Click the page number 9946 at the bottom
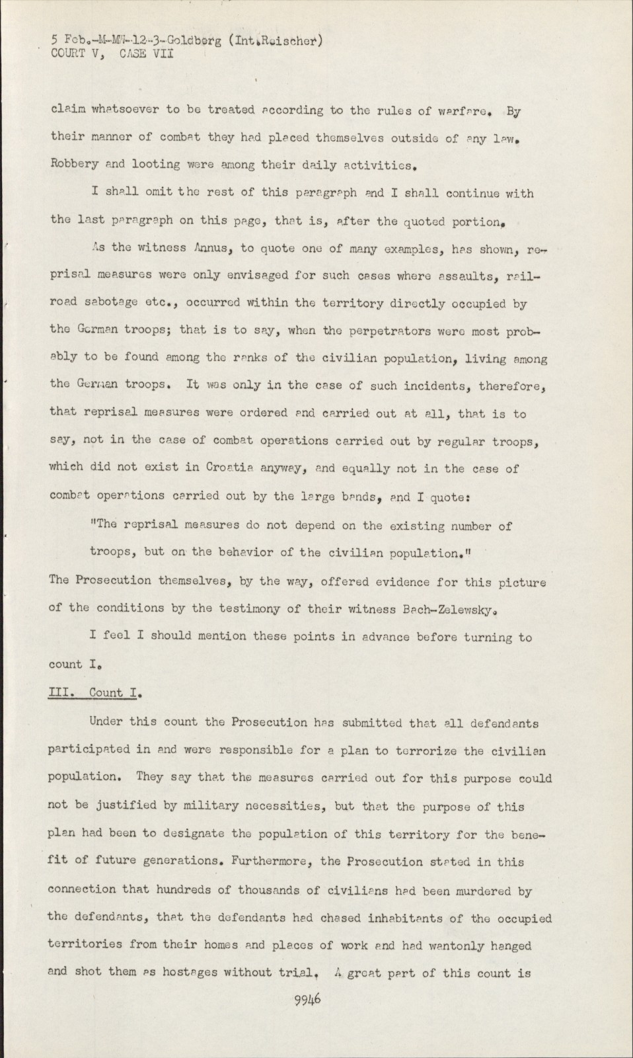point(307,999)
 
